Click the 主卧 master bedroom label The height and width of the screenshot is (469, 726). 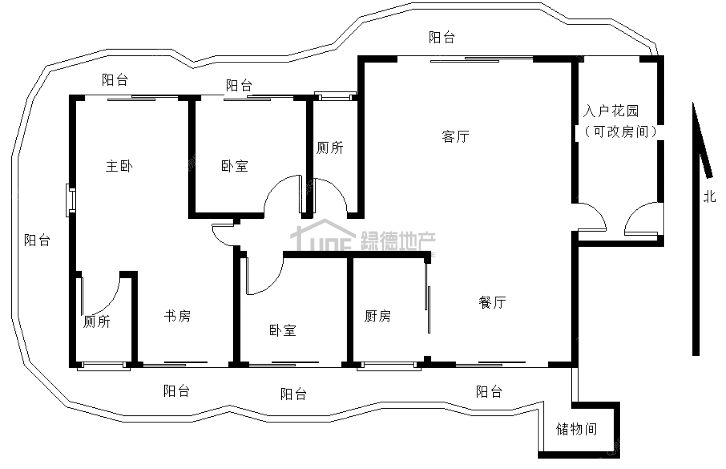pos(119,166)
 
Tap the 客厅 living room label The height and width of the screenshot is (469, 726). pos(456,137)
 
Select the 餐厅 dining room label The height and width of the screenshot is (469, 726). pos(492,302)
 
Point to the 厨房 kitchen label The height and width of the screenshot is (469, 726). pos(378,316)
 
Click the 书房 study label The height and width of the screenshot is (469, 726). pos(177,316)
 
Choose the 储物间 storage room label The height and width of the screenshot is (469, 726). pos(577,429)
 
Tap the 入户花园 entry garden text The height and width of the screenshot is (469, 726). pos(611,111)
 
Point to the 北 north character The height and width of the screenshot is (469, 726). pos(709,196)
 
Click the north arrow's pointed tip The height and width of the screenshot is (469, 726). pos(693,103)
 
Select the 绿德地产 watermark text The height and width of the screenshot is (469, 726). pos(398,241)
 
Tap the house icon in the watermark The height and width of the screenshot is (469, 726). pos(323,235)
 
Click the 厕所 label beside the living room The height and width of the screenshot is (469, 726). pos(330,148)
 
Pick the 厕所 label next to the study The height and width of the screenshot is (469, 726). pos(97,321)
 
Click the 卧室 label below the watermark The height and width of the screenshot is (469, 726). pos(283,331)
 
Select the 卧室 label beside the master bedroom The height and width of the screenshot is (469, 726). pos(235,166)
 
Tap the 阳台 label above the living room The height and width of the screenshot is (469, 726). pos(442,37)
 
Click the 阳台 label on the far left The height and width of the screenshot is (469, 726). pos(37,240)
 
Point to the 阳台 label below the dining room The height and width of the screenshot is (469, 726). pos(489,391)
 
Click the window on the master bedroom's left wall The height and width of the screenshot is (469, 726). pos(71,200)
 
